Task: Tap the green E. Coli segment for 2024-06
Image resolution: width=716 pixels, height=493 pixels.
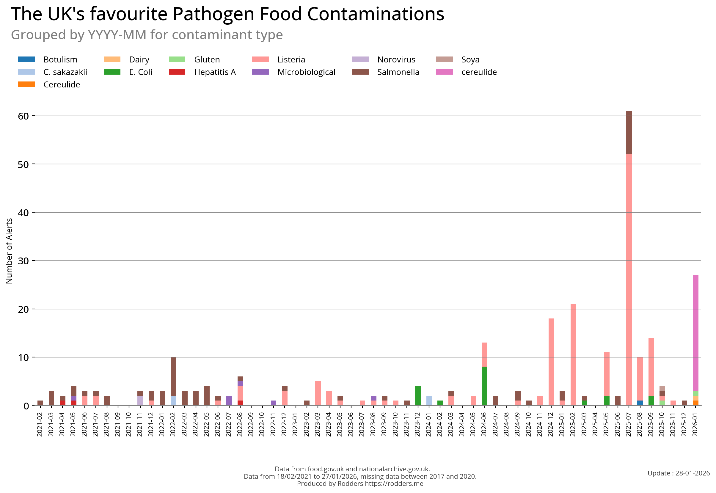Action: [484, 386]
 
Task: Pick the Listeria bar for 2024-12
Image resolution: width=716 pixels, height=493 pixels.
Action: [551, 362]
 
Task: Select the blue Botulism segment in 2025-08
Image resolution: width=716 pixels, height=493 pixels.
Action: [640, 403]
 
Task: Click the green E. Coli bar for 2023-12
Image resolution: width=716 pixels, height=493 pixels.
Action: [417, 395]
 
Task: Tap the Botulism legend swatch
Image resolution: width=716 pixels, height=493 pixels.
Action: [26, 59]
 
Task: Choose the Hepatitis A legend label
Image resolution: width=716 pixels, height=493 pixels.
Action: [215, 72]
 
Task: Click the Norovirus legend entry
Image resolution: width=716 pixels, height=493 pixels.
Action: [396, 59]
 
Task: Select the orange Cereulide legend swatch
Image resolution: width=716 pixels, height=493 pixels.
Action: [26, 84]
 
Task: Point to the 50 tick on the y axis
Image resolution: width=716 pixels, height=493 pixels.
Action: [23, 164]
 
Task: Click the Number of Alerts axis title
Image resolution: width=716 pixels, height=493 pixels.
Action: [9, 251]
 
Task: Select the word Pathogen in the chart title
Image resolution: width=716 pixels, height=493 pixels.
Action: [213, 14]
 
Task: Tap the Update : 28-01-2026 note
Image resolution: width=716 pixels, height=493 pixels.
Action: [678, 473]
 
